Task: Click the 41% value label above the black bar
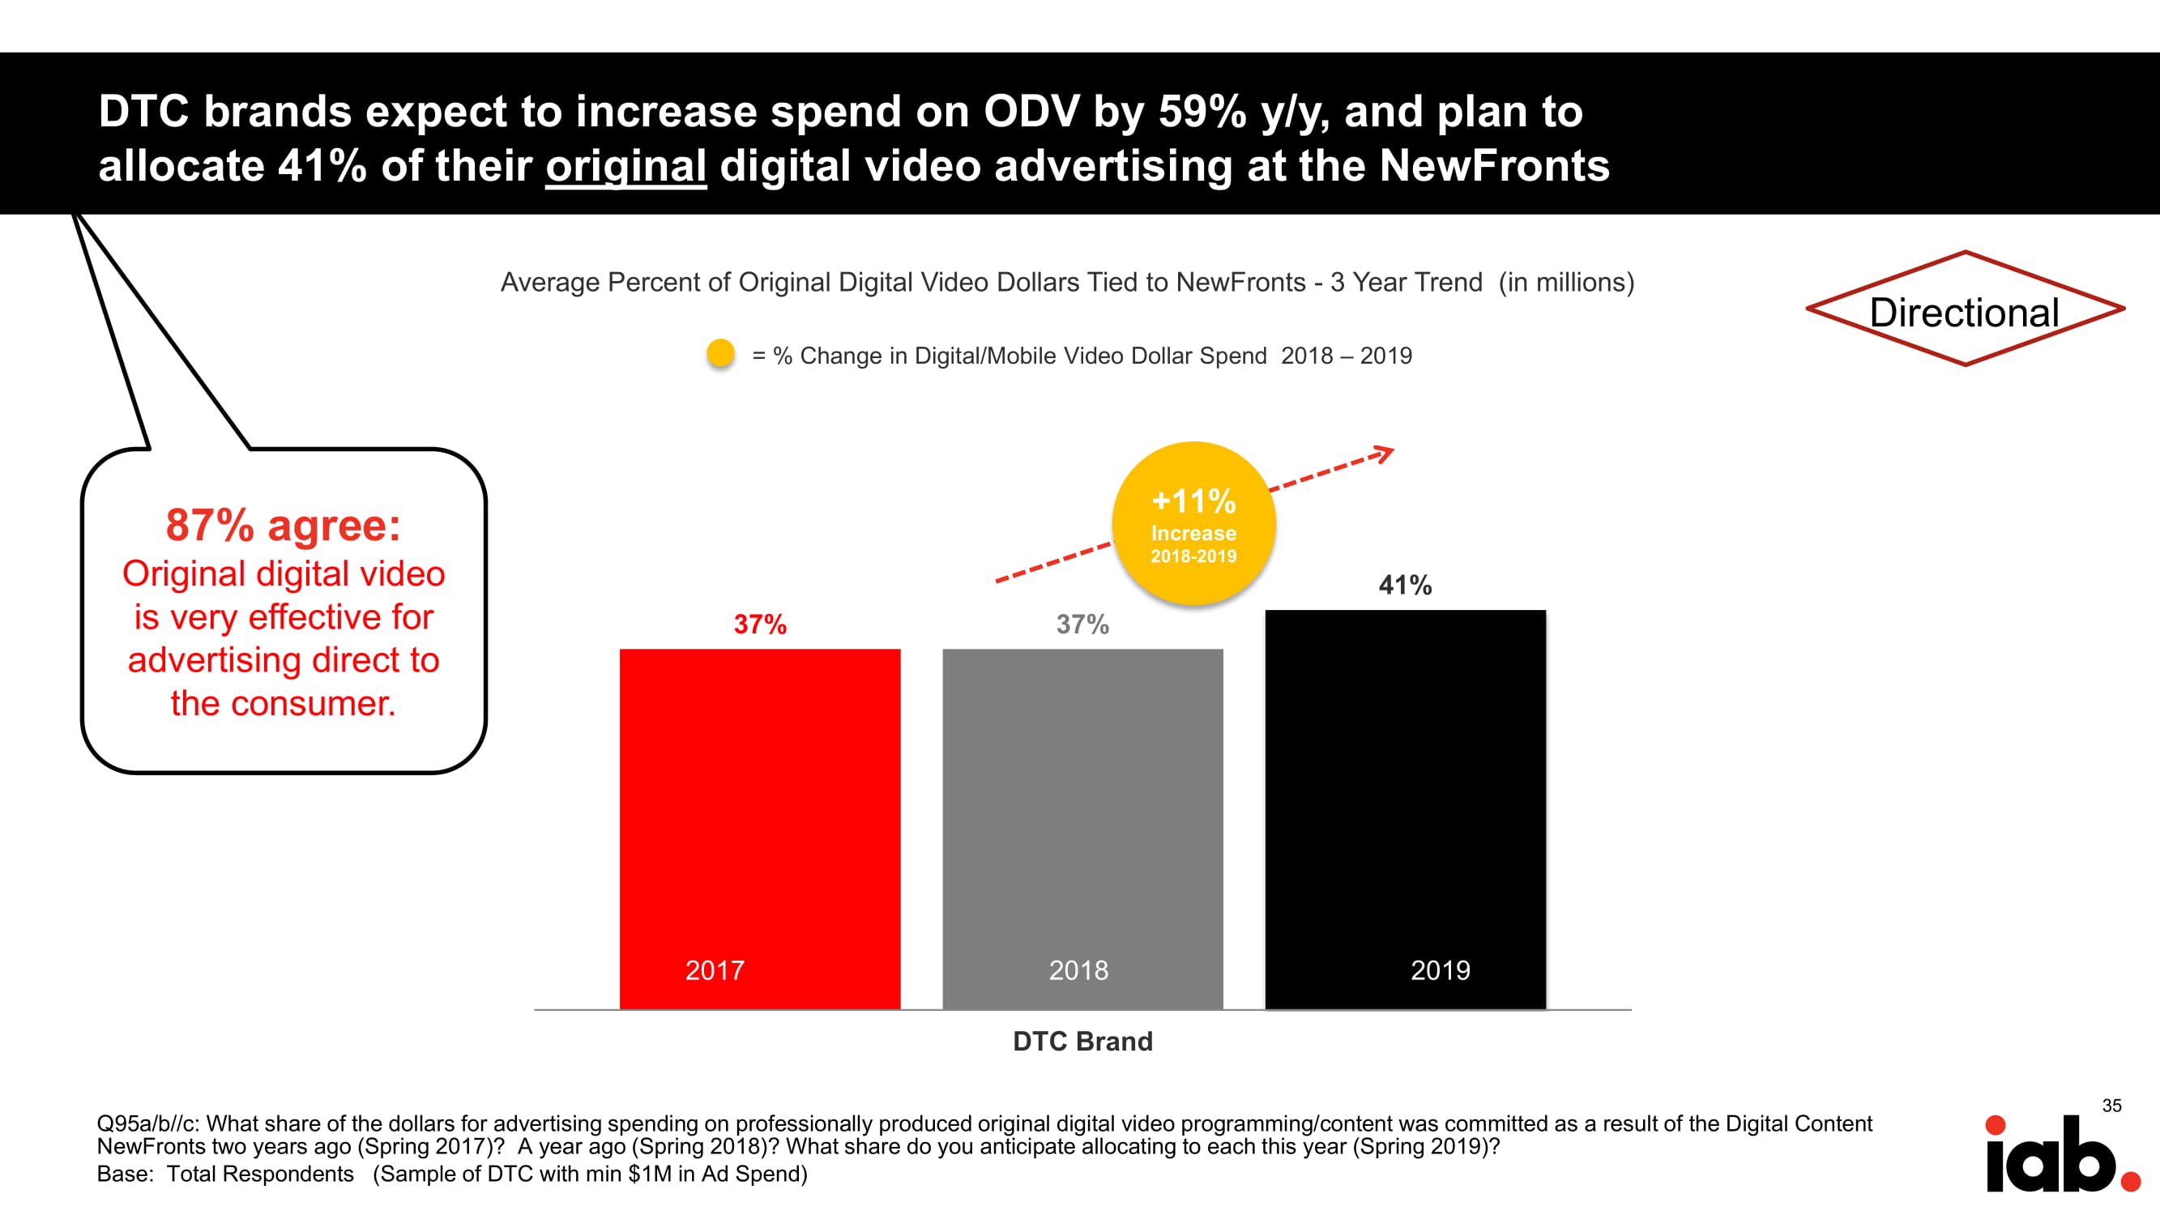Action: pos(1406,586)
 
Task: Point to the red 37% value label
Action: pos(760,625)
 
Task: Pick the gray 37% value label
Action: pos(1082,625)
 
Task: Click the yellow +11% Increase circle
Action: pos(1193,523)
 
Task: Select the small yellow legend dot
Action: pos(720,353)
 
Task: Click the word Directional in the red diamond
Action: pos(1965,313)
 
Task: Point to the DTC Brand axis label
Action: pos(1082,1042)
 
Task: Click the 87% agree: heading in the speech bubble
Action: pos(284,526)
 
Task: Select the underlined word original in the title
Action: pos(625,165)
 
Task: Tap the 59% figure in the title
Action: pos(1202,112)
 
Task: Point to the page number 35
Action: pos(2111,1106)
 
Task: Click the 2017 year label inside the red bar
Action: pos(715,971)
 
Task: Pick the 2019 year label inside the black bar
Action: pos(1440,971)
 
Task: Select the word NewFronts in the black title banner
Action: pos(1494,165)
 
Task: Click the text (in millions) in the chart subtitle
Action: pos(1566,283)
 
